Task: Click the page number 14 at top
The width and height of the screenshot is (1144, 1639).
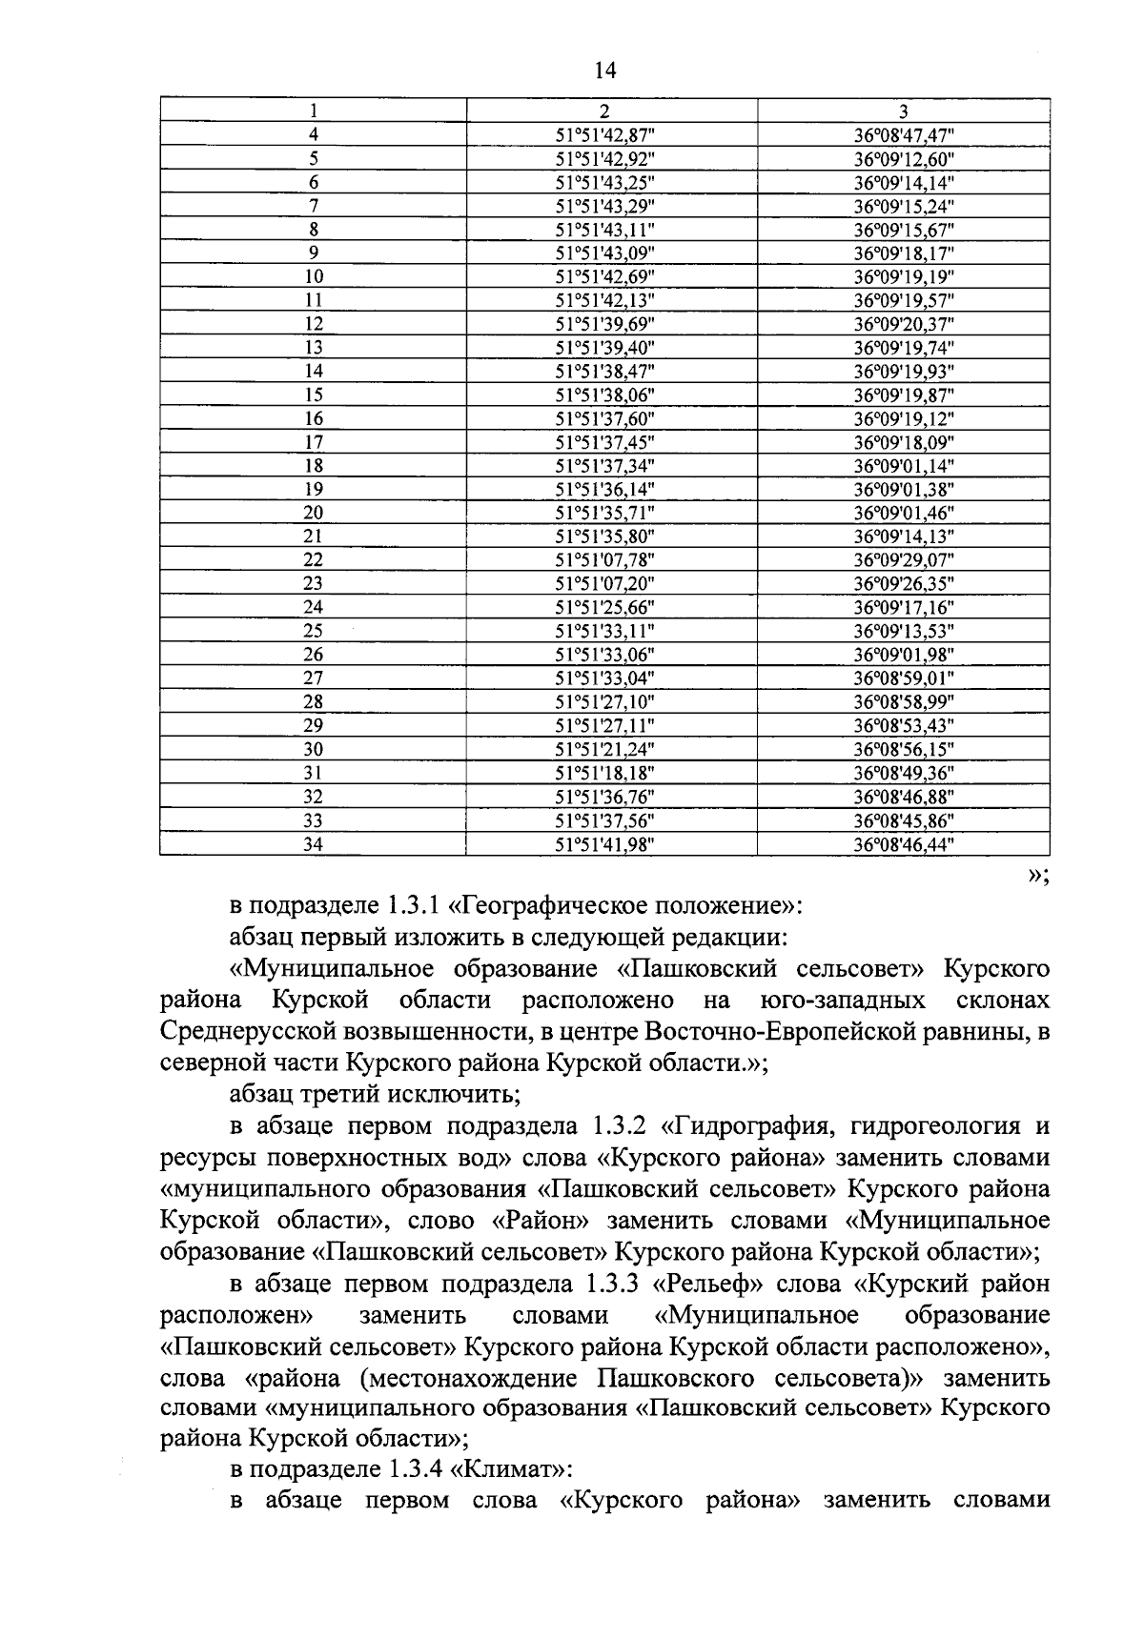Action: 605,70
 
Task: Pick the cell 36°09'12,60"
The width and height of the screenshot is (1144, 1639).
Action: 904,158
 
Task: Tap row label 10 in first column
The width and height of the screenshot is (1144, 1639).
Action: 313,276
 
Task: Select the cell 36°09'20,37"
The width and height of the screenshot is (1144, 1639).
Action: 904,324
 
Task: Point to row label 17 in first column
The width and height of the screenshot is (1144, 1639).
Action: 313,442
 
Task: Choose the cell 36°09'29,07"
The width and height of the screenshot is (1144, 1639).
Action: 904,560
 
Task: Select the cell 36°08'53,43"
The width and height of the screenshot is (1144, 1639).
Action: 904,725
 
